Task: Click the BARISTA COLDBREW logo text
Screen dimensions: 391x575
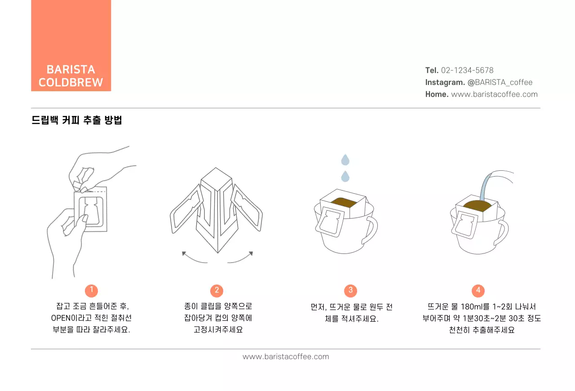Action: pyautogui.click(x=71, y=76)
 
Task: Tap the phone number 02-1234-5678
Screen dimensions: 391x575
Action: pyautogui.click(x=467, y=70)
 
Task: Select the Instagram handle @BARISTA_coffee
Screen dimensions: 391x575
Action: pyautogui.click(x=500, y=82)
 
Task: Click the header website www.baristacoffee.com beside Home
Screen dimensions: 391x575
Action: pyautogui.click(x=494, y=94)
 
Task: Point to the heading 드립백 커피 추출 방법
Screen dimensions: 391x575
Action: pyautogui.click(x=77, y=120)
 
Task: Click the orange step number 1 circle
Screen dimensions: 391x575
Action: pyautogui.click(x=91, y=290)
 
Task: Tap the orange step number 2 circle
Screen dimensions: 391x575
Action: pyautogui.click(x=217, y=290)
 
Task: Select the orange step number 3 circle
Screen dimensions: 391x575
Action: pyautogui.click(x=350, y=290)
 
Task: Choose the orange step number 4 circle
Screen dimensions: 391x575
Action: pyautogui.click(x=478, y=290)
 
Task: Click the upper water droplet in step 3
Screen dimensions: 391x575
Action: pyautogui.click(x=345, y=160)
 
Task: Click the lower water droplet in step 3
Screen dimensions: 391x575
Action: pyautogui.click(x=345, y=176)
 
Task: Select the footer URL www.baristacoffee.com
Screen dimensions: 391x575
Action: pyautogui.click(x=286, y=357)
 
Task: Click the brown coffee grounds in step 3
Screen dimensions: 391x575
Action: pyautogui.click(x=345, y=203)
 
